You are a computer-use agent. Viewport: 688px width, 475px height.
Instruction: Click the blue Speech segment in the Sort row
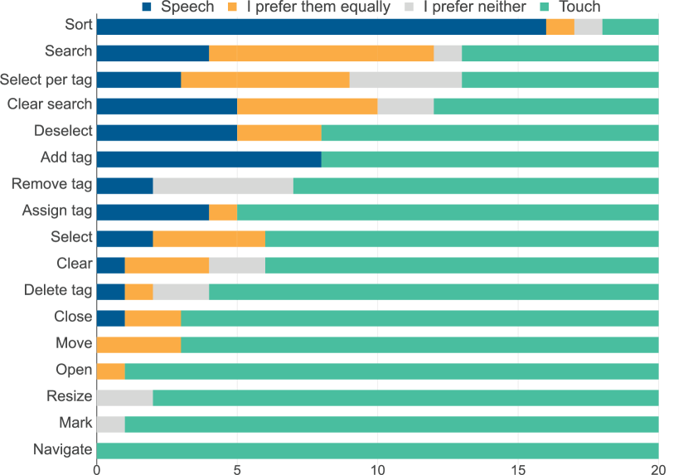321,27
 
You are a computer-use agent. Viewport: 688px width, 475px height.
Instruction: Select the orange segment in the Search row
322,53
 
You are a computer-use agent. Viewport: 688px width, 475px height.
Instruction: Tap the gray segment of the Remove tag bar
223,185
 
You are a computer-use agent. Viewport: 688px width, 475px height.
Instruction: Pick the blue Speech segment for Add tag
209,158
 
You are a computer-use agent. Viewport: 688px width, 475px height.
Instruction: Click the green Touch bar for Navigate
378,450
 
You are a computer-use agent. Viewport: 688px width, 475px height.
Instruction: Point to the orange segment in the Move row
138,344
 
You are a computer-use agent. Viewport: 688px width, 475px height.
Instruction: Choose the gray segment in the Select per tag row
405,80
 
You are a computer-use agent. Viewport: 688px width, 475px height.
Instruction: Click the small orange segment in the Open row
111,371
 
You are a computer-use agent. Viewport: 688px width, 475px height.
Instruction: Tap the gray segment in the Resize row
125,397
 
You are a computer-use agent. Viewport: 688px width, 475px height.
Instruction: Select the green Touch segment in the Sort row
631,27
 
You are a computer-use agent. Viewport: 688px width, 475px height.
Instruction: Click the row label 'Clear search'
50,104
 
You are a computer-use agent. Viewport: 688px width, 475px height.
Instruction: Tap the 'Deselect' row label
63,131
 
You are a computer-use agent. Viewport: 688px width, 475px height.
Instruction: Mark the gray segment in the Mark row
111,424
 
